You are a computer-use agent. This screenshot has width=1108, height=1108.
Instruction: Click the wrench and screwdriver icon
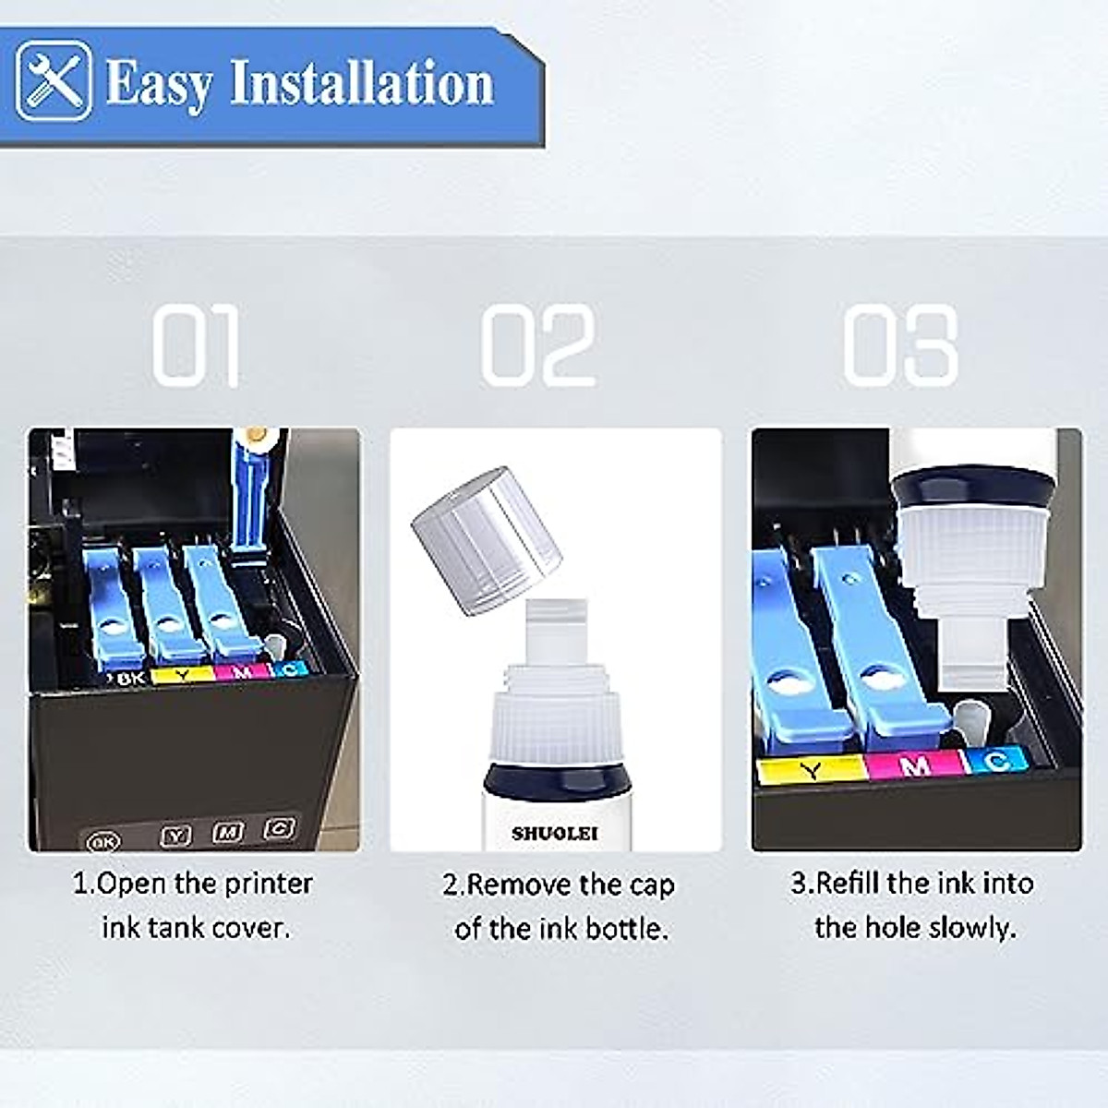pos(54,81)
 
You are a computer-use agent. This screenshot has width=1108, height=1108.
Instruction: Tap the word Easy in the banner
pos(158,83)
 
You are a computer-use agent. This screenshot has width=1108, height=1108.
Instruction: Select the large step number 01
pos(197,345)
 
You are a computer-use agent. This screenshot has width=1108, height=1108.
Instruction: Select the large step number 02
pos(538,345)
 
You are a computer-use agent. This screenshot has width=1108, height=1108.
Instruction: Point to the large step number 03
pos(900,345)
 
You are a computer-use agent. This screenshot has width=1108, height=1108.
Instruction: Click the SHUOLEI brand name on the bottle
pos(555,833)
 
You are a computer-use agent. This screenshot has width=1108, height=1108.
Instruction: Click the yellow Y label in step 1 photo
pos(183,675)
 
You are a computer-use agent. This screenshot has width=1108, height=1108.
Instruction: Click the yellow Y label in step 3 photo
pos(811,770)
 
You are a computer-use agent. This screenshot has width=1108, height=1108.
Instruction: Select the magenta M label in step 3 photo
pos(914,765)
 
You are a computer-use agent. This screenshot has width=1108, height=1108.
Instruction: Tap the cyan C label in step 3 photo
pos(996,761)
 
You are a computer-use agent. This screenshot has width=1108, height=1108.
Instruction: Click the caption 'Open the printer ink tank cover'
pos(193,905)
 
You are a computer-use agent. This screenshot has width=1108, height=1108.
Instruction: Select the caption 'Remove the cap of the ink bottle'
pos(559,906)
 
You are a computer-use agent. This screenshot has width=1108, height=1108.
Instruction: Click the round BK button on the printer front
pos(103,841)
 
